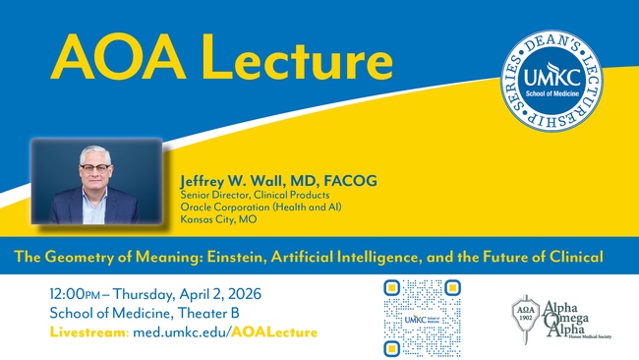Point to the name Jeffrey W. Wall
click(x=236, y=182)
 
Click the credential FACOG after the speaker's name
click(x=351, y=182)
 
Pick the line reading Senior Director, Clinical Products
click(x=251, y=196)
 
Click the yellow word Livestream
click(x=87, y=332)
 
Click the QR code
click(x=423, y=316)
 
